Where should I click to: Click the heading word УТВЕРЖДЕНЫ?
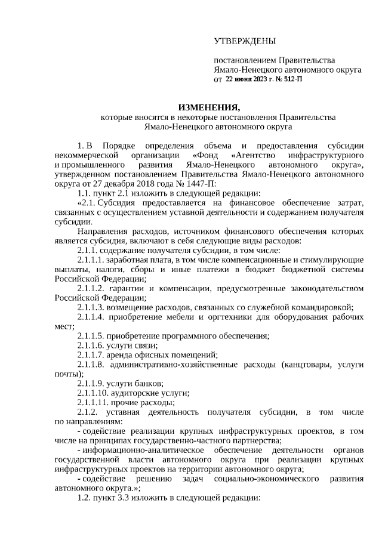(245, 41)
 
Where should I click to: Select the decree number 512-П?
(291, 79)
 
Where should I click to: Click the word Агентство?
(255, 155)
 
